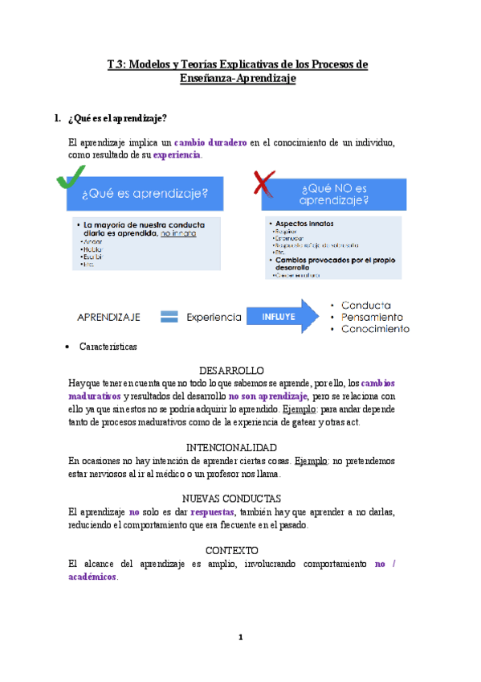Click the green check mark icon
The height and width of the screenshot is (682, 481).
71,179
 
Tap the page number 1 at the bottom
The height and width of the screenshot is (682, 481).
240,638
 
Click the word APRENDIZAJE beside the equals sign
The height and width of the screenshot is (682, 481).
108,317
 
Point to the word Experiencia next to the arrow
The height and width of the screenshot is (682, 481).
214,317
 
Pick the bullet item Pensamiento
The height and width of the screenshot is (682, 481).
372,317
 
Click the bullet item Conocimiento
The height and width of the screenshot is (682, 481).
375,328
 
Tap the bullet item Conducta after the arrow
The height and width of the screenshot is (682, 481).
366,306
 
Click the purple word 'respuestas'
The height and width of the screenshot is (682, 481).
213,511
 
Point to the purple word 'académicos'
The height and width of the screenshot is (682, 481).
93,577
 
